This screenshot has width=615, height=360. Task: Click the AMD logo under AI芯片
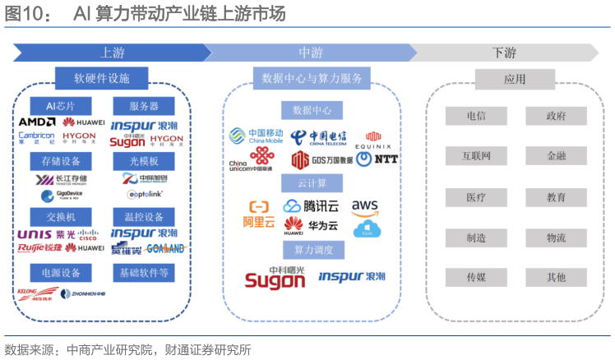tap(37, 122)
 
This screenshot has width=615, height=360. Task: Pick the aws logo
tap(365, 205)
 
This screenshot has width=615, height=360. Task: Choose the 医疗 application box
tap(476, 197)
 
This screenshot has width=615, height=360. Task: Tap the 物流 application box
tap(556, 238)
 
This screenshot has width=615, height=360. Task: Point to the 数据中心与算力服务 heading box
tap(312, 78)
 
